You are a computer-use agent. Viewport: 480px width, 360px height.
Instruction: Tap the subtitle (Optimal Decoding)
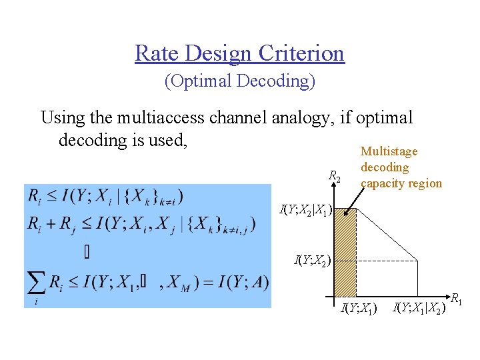click(239, 81)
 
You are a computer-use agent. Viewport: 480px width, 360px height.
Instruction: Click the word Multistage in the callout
click(389, 152)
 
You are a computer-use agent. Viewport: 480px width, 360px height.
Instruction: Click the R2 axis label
click(335, 177)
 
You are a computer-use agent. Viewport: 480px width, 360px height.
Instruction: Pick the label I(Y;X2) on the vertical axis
click(313, 260)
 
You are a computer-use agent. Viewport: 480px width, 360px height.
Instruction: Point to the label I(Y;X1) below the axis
click(359, 308)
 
